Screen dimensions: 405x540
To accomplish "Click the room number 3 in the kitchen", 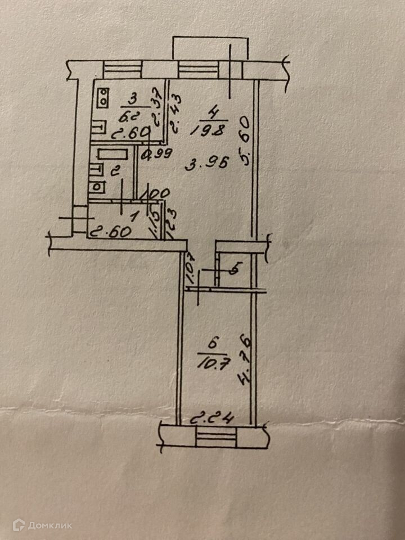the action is (133, 100).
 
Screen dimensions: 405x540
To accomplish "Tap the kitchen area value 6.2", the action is (130, 116).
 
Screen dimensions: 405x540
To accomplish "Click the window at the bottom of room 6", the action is (213, 436).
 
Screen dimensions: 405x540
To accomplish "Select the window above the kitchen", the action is (121, 70).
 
